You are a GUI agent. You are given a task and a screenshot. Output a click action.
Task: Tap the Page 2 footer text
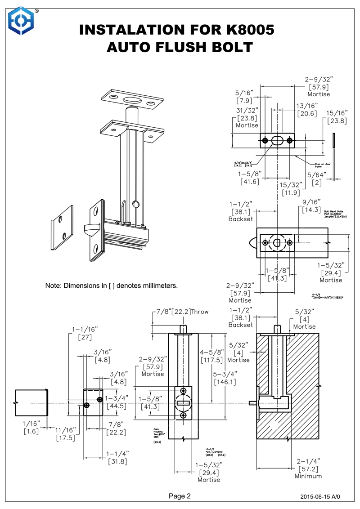180,496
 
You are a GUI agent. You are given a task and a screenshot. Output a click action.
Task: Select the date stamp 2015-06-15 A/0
320,497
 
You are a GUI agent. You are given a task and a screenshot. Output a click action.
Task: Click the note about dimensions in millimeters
112,286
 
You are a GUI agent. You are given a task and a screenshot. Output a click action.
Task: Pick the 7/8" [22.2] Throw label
182,312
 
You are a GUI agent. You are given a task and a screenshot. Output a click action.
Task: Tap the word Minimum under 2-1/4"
308,476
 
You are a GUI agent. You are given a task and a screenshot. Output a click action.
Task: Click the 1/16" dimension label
31,423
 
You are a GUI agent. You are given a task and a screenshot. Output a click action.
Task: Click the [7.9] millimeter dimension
245,100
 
